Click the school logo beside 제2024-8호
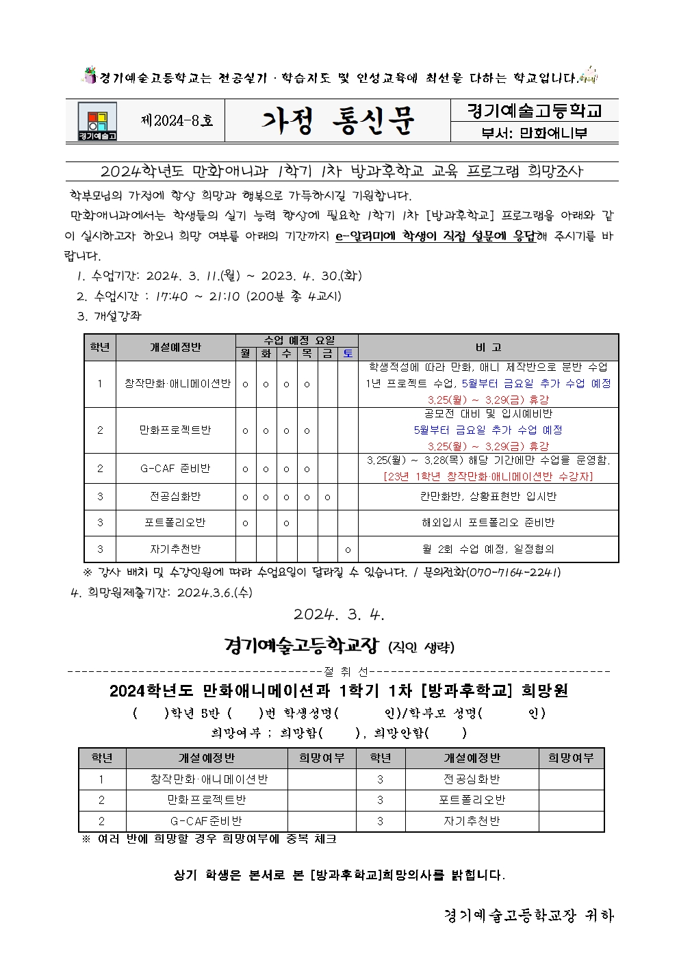(97, 121)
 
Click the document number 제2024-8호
(177, 121)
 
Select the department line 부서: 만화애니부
(534, 133)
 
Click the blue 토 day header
(348, 354)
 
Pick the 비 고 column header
(488, 347)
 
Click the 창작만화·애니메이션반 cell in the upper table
(177, 384)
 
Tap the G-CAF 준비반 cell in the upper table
(175, 469)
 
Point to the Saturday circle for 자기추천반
(348, 549)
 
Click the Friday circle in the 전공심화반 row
(327, 497)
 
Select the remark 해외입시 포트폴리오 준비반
(488, 523)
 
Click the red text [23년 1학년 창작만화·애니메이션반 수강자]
(488, 476)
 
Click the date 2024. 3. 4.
(339, 614)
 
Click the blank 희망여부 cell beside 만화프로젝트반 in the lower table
(322, 800)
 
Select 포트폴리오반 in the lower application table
(472, 800)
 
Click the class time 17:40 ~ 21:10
(198, 296)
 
